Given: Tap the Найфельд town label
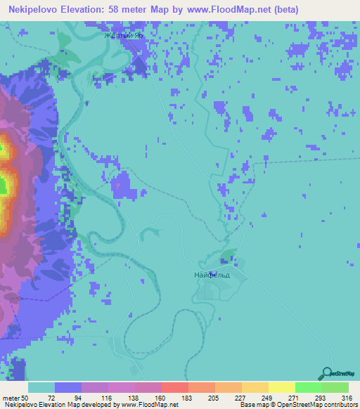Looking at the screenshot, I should pyautogui.click(x=212, y=275).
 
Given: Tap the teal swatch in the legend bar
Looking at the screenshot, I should pyautogui.click(x=41, y=387).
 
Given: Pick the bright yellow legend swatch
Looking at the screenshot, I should pyautogui.click(x=282, y=387).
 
